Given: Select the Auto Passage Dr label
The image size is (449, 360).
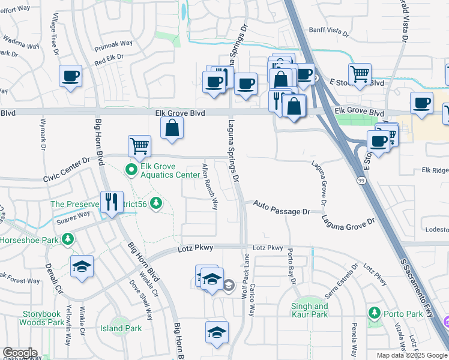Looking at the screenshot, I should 281,208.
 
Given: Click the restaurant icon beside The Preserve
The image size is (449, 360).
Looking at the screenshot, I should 111,202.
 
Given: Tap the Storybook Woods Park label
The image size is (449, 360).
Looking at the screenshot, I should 43,318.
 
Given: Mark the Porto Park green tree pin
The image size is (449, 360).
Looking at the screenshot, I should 375,313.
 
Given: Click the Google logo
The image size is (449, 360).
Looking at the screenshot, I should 19,353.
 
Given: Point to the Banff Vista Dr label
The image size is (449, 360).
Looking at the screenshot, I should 328,29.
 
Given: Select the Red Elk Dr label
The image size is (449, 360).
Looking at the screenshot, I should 109,60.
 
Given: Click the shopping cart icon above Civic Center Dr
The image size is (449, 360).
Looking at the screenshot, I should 139,145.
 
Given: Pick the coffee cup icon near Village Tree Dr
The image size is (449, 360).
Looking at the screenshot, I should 71,76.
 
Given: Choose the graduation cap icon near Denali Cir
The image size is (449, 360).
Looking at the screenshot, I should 82,267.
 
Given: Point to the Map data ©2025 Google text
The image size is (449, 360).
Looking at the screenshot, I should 412,355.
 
